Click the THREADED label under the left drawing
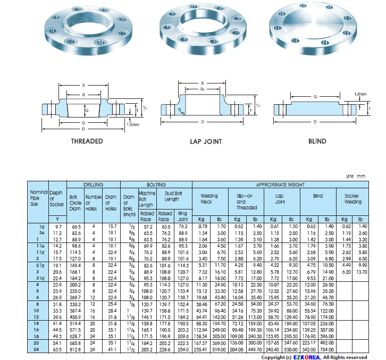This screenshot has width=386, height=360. [x=87, y=141]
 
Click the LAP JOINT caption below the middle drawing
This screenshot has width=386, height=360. [x=206, y=142]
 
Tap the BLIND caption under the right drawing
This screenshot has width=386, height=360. [x=317, y=141]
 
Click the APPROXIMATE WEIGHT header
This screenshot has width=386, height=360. [x=280, y=184]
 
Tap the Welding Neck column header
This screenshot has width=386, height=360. [x=209, y=199]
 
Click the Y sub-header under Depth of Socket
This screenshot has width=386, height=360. [x=56, y=219]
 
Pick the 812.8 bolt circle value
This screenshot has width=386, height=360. [x=75, y=350]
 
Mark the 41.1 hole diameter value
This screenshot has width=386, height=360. [x=112, y=350]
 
